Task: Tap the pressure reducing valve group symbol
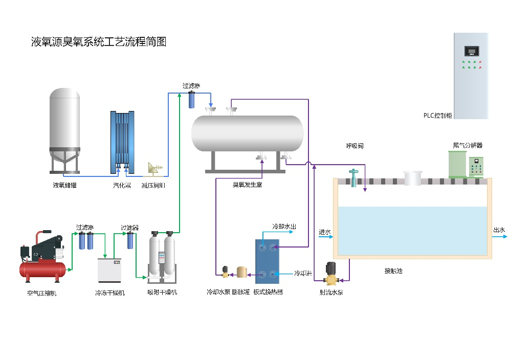(x=153, y=168)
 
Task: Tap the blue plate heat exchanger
(x=268, y=261)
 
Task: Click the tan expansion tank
(x=242, y=271)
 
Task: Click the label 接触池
(x=393, y=271)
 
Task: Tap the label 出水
(x=499, y=230)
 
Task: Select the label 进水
(x=325, y=232)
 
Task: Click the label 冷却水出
(x=284, y=227)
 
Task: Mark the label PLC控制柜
(x=437, y=116)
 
